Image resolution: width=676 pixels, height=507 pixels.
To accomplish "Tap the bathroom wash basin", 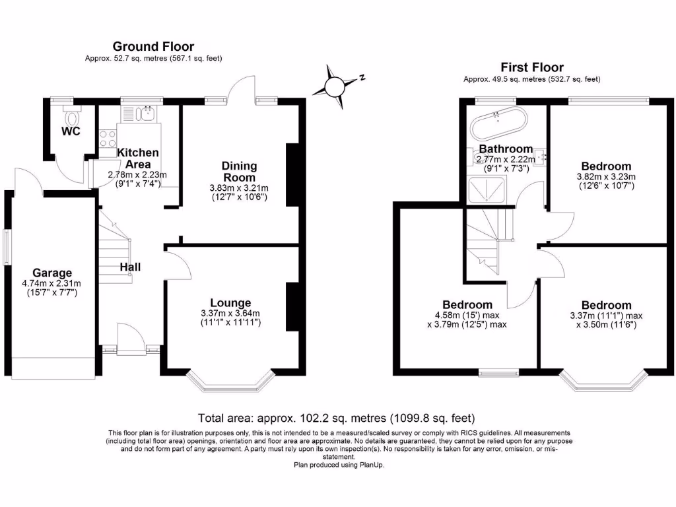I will tap(541, 156).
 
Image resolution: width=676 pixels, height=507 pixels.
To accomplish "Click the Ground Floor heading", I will tap(153, 46).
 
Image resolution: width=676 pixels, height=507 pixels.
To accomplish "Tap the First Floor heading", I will tap(531, 67).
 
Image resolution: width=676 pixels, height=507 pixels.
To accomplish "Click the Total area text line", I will tap(337, 418).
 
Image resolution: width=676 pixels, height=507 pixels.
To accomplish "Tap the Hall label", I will tap(130, 267).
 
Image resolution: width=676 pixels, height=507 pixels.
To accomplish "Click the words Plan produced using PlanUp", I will tap(338, 465).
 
